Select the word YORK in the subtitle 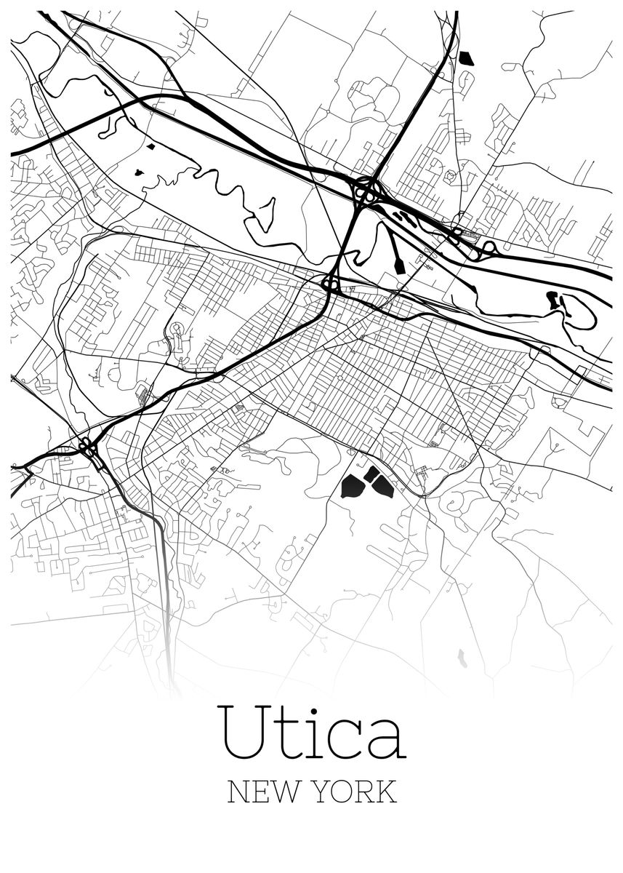355,792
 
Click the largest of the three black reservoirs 353,485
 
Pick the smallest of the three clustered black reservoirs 371,474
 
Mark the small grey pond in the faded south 462,659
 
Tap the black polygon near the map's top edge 466,58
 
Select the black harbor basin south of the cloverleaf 398,261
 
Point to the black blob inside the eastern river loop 553,299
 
